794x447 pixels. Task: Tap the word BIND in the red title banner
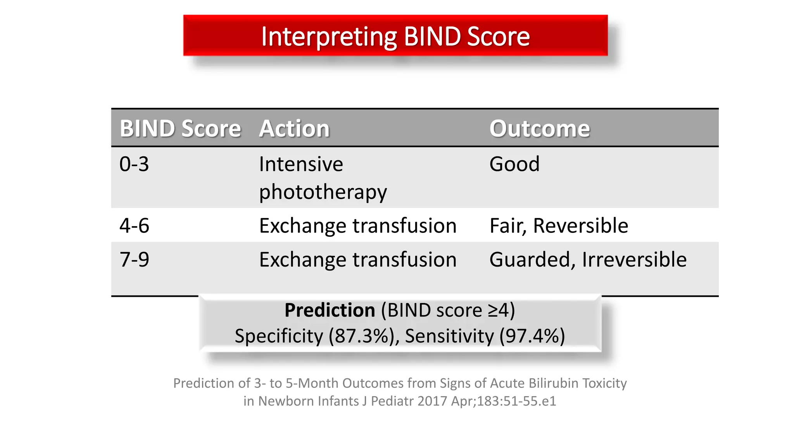(433, 36)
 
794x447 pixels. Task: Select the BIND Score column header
(180, 128)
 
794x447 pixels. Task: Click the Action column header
(294, 128)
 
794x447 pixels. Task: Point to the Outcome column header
(539, 128)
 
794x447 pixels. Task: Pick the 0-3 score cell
(134, 164)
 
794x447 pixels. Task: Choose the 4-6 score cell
(134, 225)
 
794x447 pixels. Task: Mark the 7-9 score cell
(134, 260)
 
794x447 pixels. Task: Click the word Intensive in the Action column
(301, 164)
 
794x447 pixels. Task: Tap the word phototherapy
(323, 192)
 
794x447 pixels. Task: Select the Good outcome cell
(514, 164)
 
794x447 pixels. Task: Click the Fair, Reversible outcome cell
(559, 225)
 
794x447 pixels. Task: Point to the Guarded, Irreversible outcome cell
(588, 260)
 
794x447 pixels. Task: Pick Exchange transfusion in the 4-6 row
(358, 225)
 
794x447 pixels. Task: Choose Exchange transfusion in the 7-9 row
(358, 260)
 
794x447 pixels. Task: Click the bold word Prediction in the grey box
(330, 310)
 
